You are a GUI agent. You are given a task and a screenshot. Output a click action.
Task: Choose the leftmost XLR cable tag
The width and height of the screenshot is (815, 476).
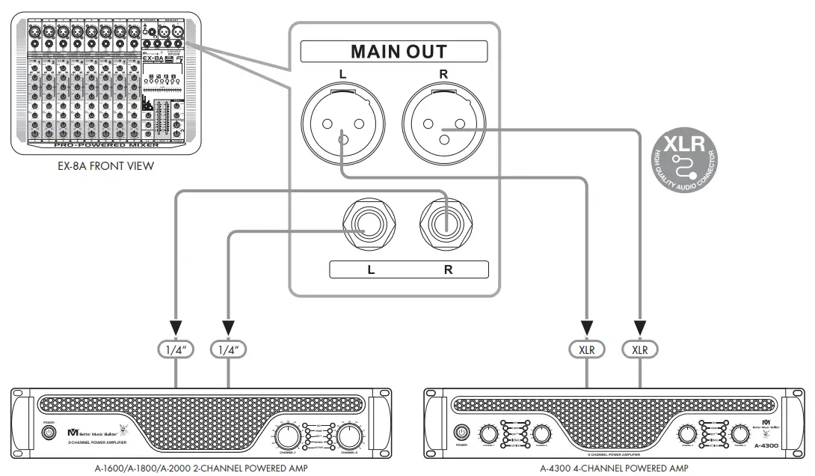click(x=587, y=349)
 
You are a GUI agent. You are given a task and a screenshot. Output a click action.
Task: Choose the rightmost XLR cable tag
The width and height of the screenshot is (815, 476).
click(x=640, y=349)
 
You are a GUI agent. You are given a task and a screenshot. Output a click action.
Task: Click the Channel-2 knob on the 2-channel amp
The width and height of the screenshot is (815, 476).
click(x=348, y=435)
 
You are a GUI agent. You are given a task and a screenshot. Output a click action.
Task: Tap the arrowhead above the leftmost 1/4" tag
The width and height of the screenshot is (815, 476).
click(x=176, y=328)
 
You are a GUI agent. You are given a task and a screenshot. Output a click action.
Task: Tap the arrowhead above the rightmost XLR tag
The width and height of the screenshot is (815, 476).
click(x=640, y=328)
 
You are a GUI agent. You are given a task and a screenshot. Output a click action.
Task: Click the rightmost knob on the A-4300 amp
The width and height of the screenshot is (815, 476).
click(x=740, y=434)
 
